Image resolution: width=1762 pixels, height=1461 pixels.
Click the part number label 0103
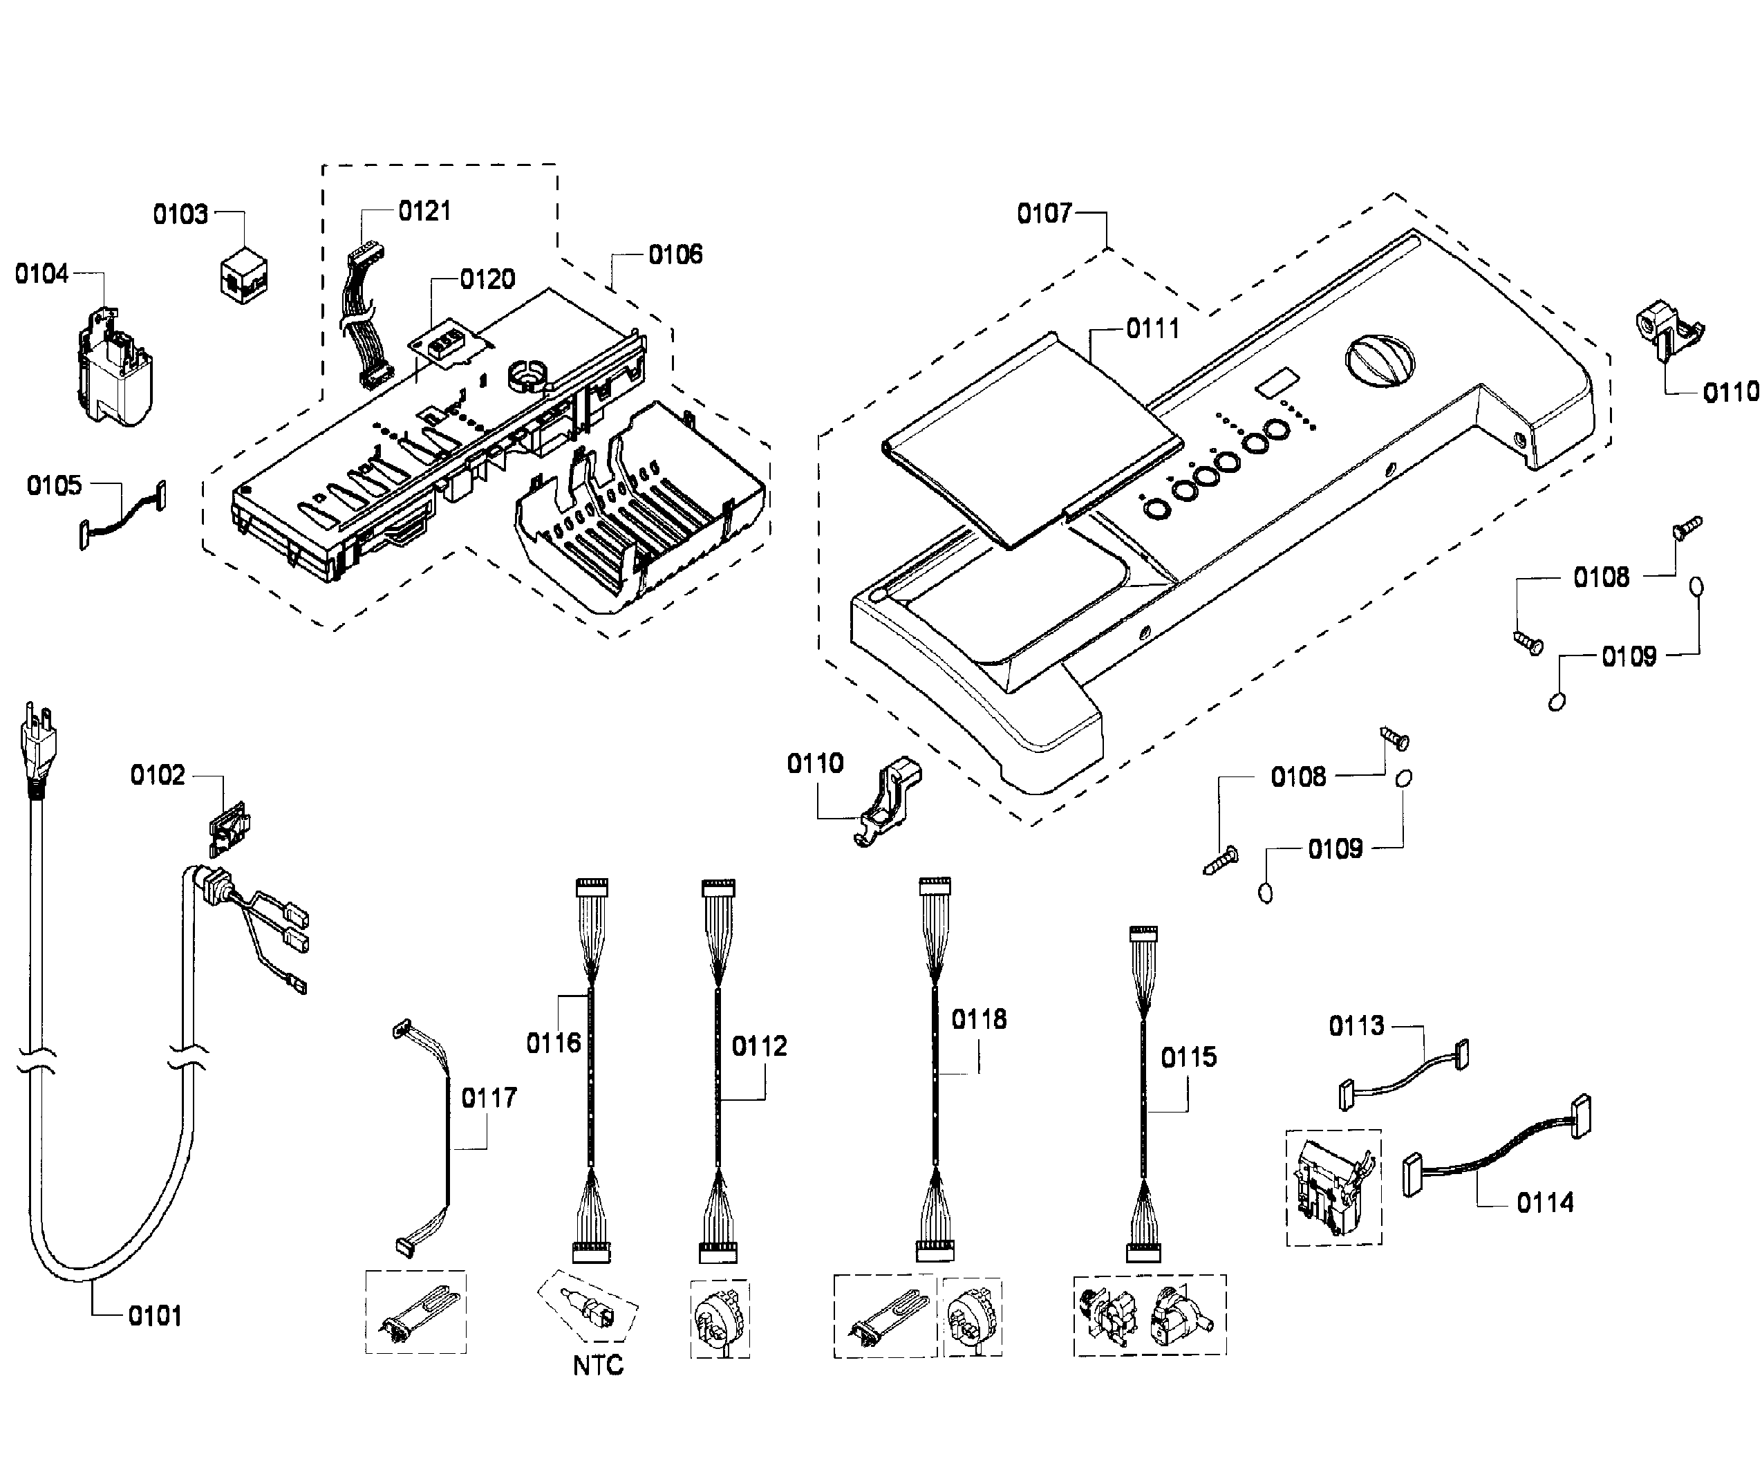(x=180, y=215)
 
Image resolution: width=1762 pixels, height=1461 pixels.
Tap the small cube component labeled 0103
(x=244, y=274)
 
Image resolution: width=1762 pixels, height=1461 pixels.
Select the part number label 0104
(x=41, y=274)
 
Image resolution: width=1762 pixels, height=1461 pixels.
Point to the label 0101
(x=154, y=1316)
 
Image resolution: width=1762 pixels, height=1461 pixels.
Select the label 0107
(x=1044, y=213)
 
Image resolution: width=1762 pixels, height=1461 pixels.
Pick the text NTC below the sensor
(x=597, y=1366)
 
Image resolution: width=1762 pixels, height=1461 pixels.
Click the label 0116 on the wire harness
(x=553, y=1043)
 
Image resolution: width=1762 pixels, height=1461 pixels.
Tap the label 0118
(x=978, y=1020)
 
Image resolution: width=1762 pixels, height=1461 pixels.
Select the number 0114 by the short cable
(x=1545, y=1203)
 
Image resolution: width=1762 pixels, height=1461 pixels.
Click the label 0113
(x=1356, y=1025)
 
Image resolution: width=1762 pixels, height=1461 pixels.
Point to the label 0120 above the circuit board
(x=487, y=279)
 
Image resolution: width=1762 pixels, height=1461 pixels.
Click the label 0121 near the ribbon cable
(x=424, y=211)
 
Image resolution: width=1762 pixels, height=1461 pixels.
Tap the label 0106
(x=675, y=254)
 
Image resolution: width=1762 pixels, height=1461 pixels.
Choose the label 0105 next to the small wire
(x=54, y=485)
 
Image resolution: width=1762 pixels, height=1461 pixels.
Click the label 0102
(x=157, y=775)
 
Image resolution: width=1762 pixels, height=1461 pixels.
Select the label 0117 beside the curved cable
(x=489, y=1097)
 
